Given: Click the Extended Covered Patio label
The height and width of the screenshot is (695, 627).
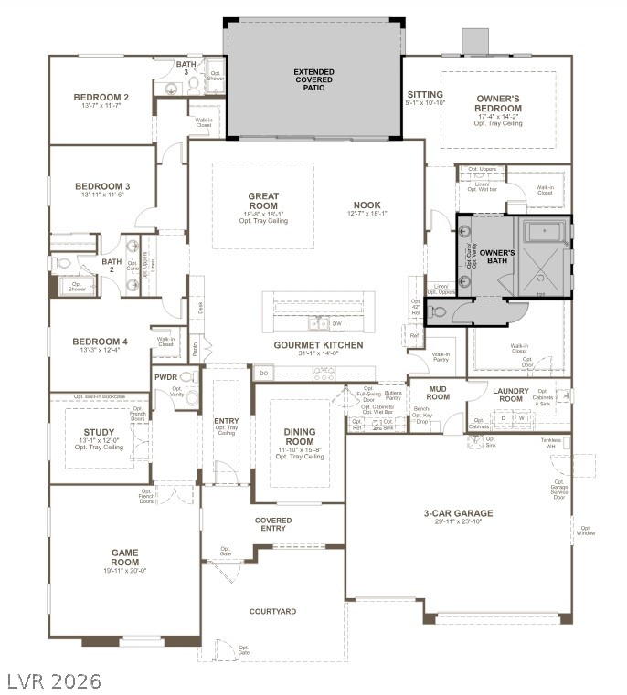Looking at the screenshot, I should (313, 80).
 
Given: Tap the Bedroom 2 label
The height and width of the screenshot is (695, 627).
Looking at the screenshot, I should (101, 98).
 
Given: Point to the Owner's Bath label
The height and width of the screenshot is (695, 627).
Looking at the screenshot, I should (497, 258).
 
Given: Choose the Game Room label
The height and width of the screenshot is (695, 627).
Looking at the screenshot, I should (124, 557).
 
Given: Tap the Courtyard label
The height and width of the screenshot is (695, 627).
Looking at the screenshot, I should (272, 611).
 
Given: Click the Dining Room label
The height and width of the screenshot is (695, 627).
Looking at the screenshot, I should (299, 436).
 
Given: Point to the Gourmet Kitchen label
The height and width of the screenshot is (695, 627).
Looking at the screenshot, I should (318, 345).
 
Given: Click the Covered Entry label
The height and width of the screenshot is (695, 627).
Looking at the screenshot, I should (272, 523).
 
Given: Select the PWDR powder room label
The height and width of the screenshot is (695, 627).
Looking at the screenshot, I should (165, 376).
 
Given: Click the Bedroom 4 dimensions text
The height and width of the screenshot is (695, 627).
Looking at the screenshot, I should (101, 351).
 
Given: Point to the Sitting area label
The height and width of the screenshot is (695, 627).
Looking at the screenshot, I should (425, 95).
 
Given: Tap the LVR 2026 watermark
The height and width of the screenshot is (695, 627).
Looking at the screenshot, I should (52, 681).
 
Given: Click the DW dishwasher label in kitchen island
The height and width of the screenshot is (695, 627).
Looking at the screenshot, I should (336, 323).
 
